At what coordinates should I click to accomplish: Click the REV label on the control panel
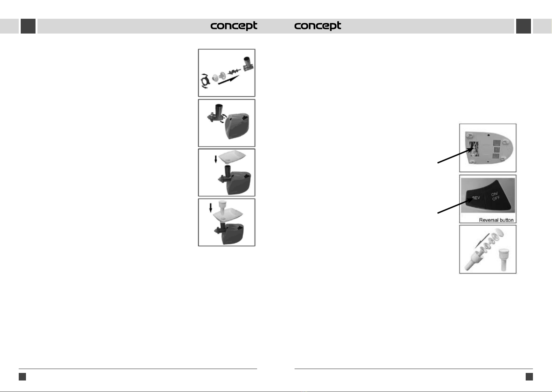point(476,198)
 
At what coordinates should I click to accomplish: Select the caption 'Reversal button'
point(496,220)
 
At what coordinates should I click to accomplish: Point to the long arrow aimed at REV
point(455,206)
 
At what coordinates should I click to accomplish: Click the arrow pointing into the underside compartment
point(455,155)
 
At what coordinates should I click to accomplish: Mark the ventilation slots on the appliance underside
point(496,149)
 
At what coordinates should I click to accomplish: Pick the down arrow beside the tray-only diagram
point(216,159)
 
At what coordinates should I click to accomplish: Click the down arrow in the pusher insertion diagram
point(210,208)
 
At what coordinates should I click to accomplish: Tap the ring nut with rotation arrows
point(205,81)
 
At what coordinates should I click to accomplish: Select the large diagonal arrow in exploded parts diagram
point(228,80)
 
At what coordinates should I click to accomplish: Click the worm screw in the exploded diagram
point(234,72)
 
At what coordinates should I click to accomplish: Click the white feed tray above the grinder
point(232,157)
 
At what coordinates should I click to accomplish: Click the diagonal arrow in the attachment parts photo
point(482,241)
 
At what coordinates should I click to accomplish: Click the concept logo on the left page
point(234,26)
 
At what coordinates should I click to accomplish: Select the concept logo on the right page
point(318,26)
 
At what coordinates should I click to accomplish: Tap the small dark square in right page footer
point(529,377)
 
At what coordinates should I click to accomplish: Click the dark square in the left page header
point(28,26)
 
